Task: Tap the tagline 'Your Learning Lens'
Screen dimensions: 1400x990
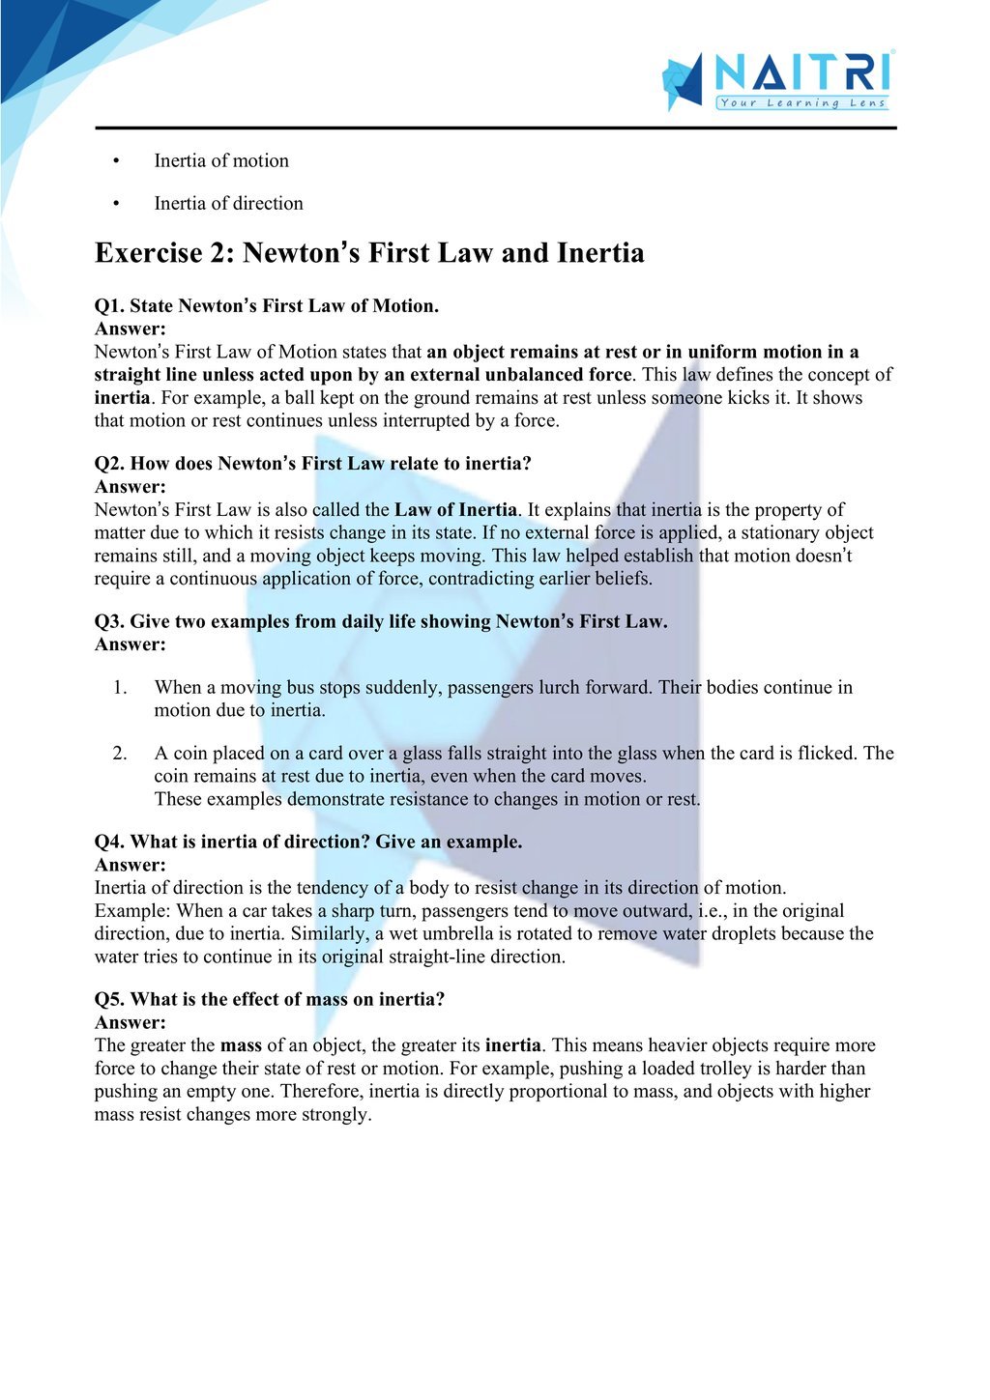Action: click(x=801, y=103)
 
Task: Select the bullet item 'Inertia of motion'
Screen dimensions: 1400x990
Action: click(x=221, y=160)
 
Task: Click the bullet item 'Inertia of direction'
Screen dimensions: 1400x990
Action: click(x=228, y=203)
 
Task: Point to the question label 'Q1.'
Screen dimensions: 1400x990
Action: click(x=109, y=306)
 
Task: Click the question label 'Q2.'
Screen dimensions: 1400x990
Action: click(x=109, y=464)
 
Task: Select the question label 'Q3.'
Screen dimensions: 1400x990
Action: click(x=109, y=621)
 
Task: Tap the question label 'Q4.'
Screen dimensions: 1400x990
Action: click(x=109, y=842)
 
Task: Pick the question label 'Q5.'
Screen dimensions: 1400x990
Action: click(x=109, y=999)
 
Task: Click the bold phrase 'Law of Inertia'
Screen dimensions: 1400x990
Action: click(x=455, y=509)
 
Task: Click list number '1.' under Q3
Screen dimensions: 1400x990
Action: click(x=120, y=687)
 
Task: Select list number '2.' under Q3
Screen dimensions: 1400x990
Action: click(x=120, y=753)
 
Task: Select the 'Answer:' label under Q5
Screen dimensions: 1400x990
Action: click(x=131, y=1022)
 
